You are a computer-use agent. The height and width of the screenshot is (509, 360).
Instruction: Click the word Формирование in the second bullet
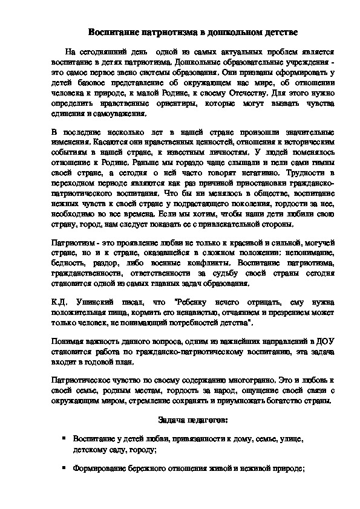(97, 468)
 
